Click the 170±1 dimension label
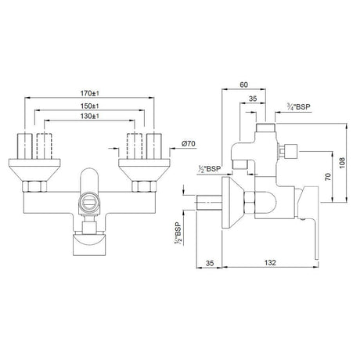89,93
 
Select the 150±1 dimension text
89,106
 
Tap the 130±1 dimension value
89,116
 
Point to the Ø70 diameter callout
189,144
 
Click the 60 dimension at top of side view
243,85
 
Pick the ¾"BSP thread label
298,106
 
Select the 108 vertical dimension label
342,163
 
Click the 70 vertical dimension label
328,177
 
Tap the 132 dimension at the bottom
270,263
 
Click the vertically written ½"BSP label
178,233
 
